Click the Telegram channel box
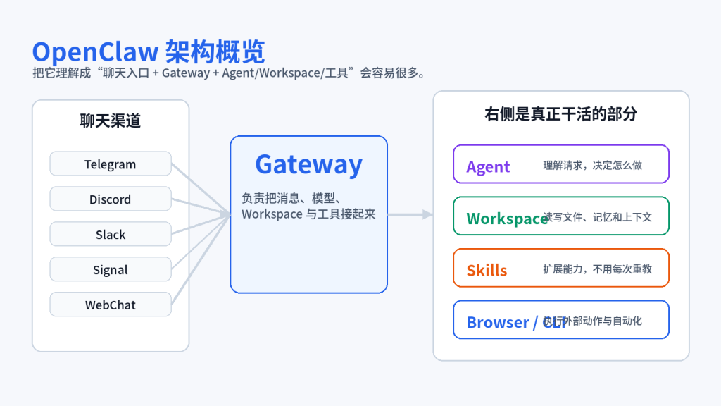coord(111,164)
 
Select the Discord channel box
coord(111,199)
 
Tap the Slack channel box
coord(111,234)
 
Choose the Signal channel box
coord(111,269)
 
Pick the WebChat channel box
coord(111,304)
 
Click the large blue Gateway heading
coord(308,164)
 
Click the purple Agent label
coord(488,166)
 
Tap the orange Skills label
coord(487,270)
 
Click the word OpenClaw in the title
coord(95,52)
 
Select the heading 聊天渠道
coord(111,121)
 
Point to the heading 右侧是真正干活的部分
coord(560,113)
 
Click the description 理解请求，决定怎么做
coord(592,165)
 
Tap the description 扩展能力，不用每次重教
coord(597,269)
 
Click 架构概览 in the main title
coord(215,52)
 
